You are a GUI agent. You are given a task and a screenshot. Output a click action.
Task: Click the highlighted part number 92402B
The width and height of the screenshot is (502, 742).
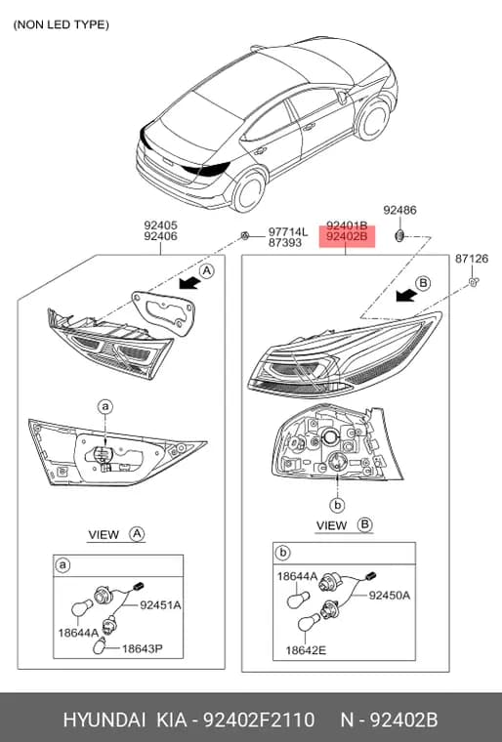coord(347,236)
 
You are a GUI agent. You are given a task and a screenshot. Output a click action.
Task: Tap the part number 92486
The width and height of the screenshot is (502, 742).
coord(399,210)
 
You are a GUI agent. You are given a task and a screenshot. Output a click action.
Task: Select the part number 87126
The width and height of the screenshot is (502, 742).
coord(472,259)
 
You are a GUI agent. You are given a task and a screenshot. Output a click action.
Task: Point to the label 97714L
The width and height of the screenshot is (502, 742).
coord(288,232)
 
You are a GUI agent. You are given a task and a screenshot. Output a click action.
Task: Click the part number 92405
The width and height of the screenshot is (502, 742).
coord(160,226)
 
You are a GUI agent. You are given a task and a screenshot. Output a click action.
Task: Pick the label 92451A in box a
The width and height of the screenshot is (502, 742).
coord(160,604)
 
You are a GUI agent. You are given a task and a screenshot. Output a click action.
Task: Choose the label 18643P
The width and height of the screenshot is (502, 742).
coord(143,648)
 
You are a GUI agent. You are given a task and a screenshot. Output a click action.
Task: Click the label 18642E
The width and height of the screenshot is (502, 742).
coord(306,650)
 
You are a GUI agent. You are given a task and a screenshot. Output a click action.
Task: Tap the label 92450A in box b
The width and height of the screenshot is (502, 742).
coord(390,596)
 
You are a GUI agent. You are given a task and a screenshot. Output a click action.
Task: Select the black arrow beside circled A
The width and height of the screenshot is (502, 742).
coord(189,283)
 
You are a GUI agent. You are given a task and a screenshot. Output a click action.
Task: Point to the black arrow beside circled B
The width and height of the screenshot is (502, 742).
coord(406,295)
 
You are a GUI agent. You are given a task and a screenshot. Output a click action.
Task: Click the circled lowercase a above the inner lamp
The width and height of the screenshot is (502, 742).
coord(105,406)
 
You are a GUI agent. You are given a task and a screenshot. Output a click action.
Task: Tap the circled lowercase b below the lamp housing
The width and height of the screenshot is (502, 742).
coord(337,506)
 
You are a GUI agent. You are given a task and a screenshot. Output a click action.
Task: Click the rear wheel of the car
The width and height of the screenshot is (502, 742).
coord(249,191)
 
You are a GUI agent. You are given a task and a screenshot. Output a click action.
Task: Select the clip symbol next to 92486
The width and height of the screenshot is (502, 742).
coord(399,234)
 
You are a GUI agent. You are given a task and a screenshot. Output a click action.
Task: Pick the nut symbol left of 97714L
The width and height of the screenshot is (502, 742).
coord(245,234)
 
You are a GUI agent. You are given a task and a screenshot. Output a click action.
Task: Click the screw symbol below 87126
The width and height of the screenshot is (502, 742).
coord(473,282)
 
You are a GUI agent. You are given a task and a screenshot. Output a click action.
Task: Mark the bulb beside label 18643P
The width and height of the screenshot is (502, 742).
coord(100,646)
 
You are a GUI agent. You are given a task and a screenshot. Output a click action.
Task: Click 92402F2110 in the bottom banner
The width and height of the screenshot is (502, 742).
coord(259,720)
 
